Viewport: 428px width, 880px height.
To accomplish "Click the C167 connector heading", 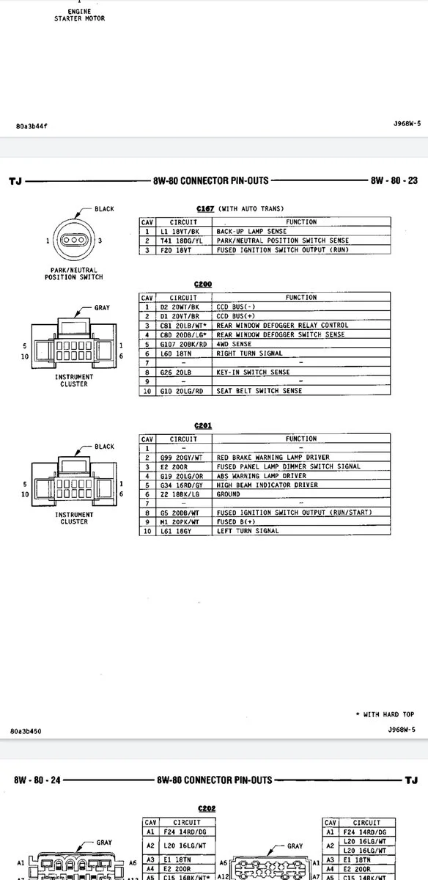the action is point(205,208).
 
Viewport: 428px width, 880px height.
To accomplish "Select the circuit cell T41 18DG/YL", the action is point(181,241).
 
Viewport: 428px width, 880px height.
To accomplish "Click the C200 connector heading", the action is point(202,284).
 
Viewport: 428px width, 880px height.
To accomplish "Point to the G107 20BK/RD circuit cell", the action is point(183,344).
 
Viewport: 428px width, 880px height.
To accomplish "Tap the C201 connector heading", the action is point(202,425).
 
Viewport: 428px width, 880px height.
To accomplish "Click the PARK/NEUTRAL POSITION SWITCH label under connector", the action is point(74,274).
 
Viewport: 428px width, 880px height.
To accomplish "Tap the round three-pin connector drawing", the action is point(74,240).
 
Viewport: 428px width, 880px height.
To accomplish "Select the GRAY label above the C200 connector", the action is point(102,307).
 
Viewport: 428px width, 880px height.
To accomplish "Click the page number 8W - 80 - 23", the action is point(394,180).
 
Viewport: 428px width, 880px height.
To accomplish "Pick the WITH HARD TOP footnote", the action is point(385,714).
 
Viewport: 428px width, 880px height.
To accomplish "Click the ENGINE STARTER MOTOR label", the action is point(79,15).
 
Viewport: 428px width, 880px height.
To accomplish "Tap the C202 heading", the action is point(207,808).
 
